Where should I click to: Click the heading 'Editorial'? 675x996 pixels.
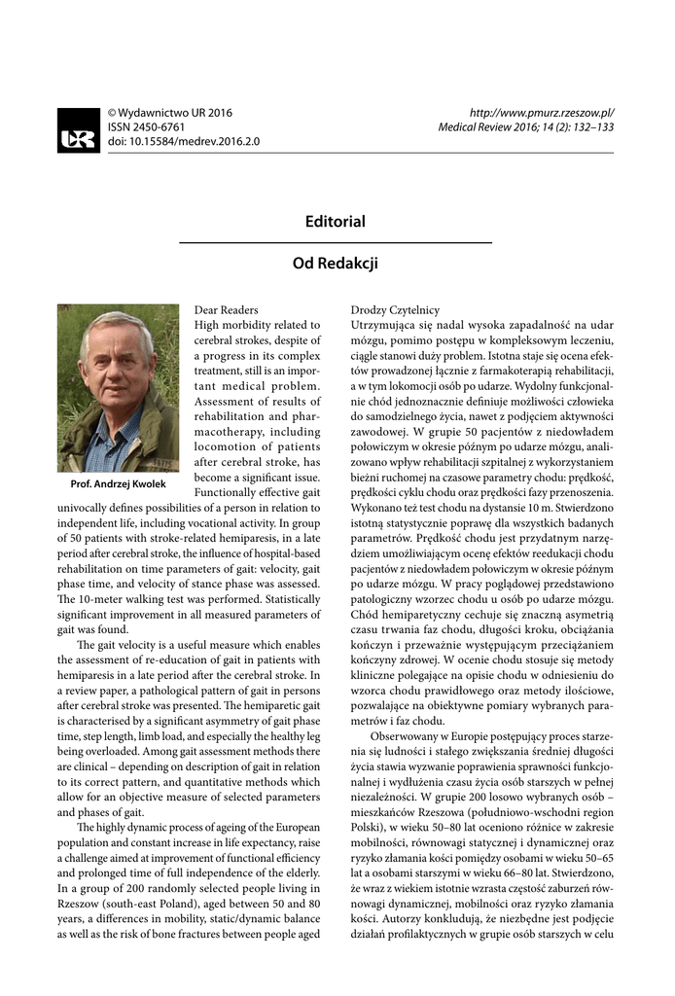(x=336, y=222)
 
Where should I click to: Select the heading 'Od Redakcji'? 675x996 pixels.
(x=336, y=263)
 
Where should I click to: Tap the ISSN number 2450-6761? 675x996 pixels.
(x=146, y=126)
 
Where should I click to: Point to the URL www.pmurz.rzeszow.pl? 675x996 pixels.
(x=542, y=113)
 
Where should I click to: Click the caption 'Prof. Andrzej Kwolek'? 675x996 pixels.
(x=119, y=483)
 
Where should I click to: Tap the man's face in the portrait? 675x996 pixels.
(x=116, y=359)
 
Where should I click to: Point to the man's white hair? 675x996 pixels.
(x=115, y=326)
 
